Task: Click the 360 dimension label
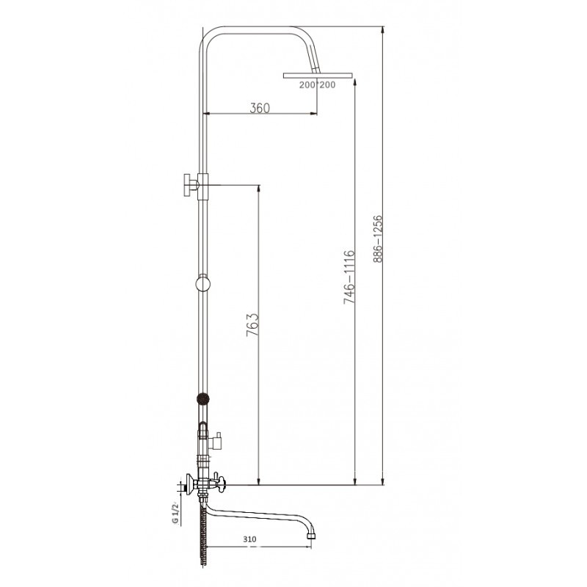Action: pos(260,108)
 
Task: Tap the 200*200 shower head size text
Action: pos(317,85)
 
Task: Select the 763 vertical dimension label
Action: pos(252,324)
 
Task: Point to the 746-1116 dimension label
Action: pos(349,277)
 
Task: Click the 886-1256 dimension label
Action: pos(378,239)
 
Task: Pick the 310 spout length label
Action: pos(249,539)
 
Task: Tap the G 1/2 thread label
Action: pos(175,512)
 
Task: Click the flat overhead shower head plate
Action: pos(318,76)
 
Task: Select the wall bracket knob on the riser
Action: pos(191,185)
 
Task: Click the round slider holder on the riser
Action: pos(203,283)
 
